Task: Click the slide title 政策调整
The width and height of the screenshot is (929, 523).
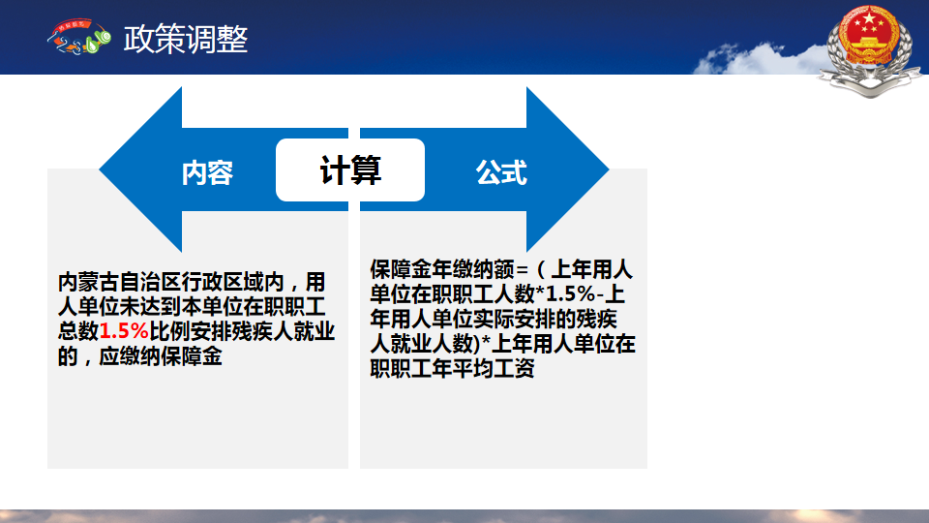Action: point(186,39)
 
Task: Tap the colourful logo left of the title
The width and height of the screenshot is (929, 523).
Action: point(79,37)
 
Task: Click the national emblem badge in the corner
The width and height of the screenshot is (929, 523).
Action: point(870,49)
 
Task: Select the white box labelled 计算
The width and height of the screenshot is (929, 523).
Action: point(350,170)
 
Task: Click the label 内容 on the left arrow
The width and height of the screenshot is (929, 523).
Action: point(207,172)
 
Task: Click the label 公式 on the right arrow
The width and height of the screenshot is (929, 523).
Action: point(501,172)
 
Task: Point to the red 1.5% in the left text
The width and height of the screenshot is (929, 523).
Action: point(124,331)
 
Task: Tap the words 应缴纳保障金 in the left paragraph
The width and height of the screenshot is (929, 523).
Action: point(161,356)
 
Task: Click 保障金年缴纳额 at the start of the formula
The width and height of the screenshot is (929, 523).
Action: point(442,269)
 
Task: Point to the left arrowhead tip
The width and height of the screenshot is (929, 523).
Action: point(100,169)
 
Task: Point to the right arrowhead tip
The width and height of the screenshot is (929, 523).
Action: point(609,169)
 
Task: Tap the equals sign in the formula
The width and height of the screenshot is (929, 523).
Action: point(522,270)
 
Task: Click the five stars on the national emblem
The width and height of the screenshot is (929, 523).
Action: point(869,23)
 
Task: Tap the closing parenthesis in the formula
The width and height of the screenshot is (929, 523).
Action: point(475,344)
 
